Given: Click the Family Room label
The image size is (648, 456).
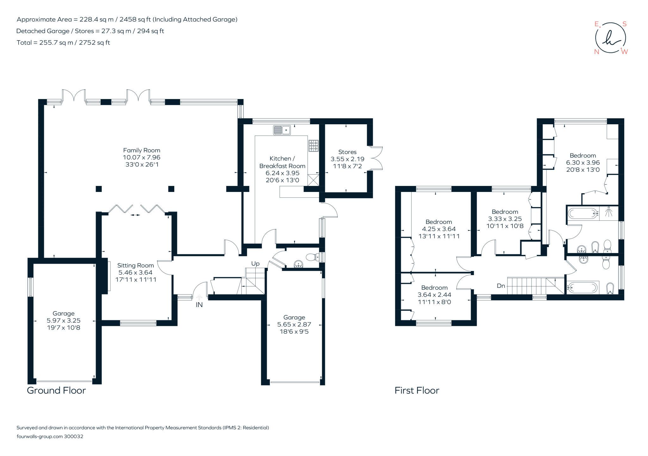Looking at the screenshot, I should (141, 151).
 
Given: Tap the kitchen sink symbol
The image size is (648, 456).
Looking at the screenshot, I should (282, 130).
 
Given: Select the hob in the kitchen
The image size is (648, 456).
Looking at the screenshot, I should (314, 146).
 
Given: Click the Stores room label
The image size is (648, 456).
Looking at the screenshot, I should (347, 152).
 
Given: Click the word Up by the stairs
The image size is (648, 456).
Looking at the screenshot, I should (255, 263).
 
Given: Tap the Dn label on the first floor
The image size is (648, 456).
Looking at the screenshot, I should (501, 286).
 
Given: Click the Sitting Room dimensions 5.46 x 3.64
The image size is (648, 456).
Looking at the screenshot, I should (135, 273).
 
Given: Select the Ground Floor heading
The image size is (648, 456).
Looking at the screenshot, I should (56, 391).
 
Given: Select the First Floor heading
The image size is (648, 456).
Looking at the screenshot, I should (417, 391).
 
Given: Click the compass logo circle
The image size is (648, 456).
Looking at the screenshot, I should (610, 38).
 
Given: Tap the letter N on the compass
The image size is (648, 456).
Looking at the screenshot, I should (596, 52).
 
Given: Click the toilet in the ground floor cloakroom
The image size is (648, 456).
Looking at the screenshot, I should (313, 257).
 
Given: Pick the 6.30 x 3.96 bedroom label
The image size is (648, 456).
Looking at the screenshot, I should (583, 163).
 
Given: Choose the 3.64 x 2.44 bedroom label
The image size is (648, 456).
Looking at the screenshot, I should (434, 295).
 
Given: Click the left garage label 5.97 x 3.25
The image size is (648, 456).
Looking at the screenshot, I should (63, 321).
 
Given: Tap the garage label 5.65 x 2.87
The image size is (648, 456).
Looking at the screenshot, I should (294, 324).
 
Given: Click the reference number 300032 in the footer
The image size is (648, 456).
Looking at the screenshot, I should (73, 436).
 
